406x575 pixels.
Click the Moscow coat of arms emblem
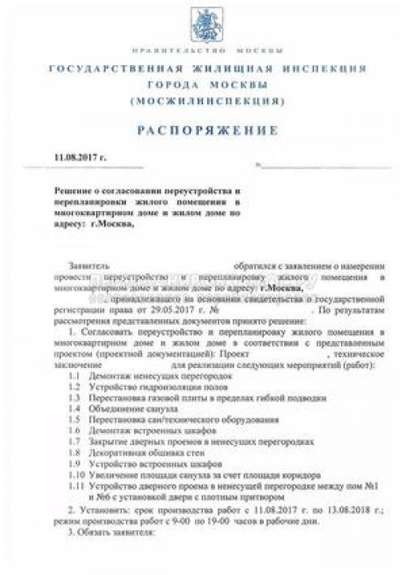point(202,18)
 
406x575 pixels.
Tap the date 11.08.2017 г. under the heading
point(80,154)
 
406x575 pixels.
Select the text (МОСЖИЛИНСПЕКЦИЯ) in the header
point(202,102)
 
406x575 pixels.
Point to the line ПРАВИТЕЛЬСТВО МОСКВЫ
point(202,48)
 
